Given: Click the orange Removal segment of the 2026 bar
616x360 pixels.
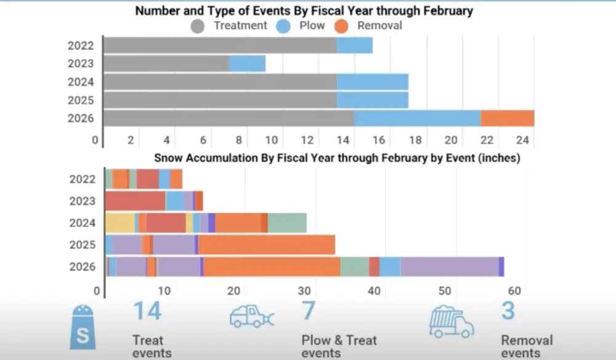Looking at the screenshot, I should tap(507, 118).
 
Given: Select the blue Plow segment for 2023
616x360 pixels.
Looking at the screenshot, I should tap(247, 63).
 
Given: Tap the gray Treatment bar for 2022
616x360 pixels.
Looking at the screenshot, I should tap(220, 45).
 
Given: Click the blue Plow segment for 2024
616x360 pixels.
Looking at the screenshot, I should tap(372, 82).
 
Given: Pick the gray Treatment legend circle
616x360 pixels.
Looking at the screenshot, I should tap(198, 26).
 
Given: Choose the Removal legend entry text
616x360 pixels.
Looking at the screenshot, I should tap(379, 26).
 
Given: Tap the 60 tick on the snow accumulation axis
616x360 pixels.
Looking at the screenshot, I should tap(515, 292).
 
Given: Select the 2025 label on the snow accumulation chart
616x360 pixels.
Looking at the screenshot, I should tap(83, 245).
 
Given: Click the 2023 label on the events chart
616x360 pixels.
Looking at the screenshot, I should tap(81, 63).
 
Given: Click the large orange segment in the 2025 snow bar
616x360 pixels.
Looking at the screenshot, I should tap(266, 245).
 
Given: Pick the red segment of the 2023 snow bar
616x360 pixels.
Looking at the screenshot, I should tap(135, 201).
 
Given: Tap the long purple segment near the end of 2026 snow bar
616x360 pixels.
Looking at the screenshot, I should tap(449, 267).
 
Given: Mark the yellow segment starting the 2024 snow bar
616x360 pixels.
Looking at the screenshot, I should tap(120, 223).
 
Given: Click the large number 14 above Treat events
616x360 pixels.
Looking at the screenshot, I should tap(147, 311).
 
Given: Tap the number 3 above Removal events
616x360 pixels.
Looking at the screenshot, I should tap(508, 311).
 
